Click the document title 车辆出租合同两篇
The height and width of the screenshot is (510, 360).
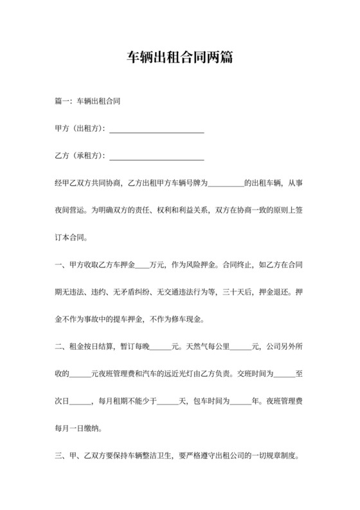[x=179, y=58]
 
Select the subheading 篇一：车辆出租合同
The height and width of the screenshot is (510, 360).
[x=88, y=102]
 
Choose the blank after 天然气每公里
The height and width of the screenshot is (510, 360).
[x=241, y=348]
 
